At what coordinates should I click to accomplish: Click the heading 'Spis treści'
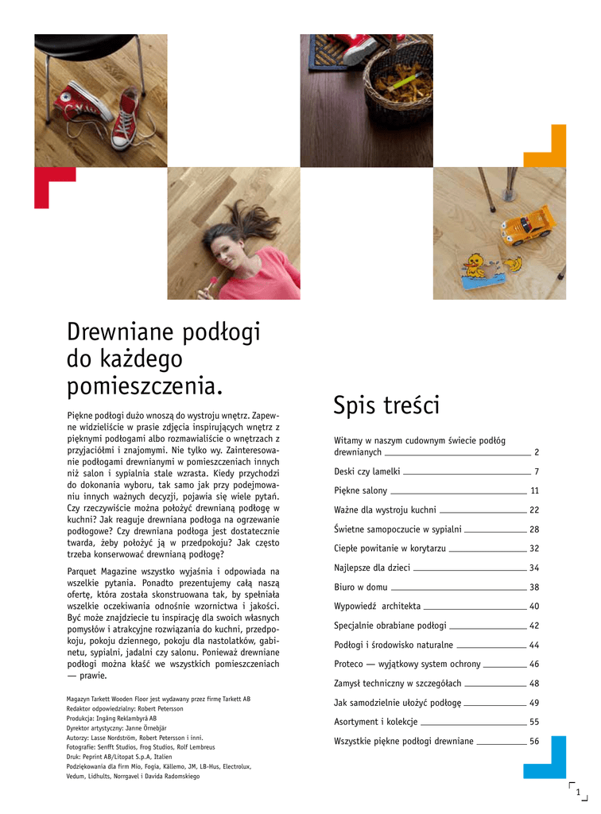(x=386, y=405)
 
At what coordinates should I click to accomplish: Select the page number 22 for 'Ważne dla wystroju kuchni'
(x=534, y=510)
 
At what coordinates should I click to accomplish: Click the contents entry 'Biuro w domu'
(x=361, y=587)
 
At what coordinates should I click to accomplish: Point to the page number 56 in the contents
(x=534, y=741)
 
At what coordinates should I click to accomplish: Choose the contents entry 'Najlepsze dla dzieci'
(x=372, y=568)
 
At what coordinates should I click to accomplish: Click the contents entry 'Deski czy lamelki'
(x=366, y=471)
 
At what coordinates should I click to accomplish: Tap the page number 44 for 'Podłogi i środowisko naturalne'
(x=534, y=645)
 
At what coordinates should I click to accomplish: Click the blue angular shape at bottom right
(x=548, y=760)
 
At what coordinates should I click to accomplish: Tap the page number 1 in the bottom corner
(x=578, y=790)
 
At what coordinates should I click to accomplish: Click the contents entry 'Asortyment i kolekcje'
(x=375, y=722)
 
